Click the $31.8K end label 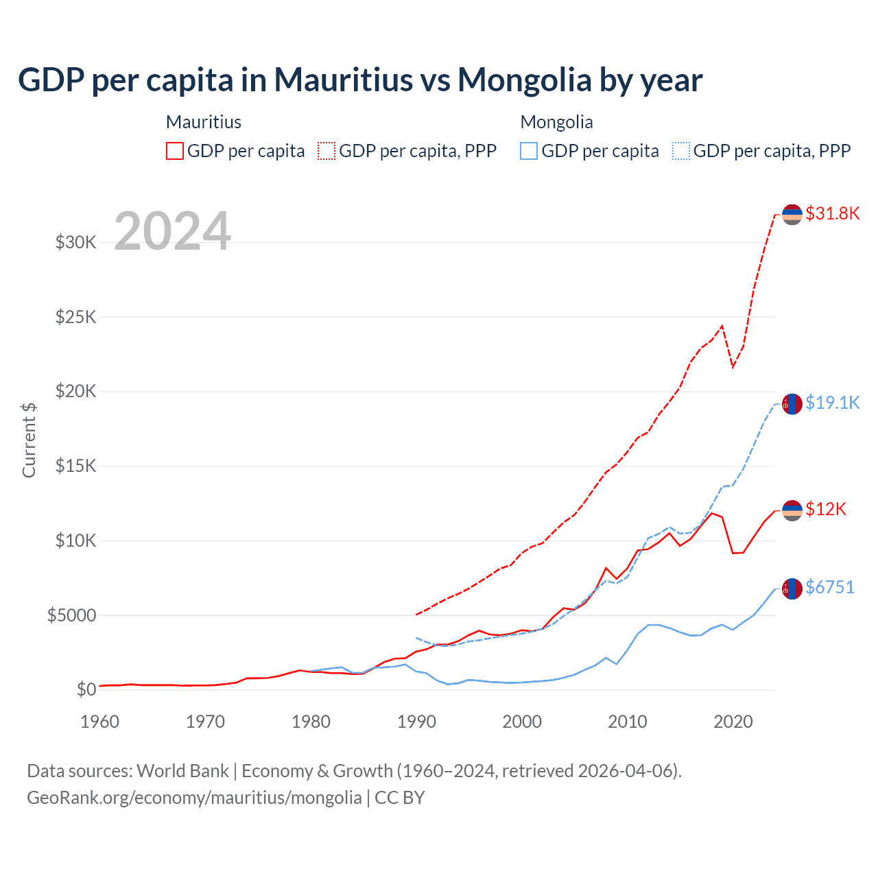click(x=832, y=213)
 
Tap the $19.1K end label click(x=832, y=403)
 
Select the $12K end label click(x=826, y=509)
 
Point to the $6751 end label click(x=829, y=587)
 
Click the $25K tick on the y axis click(x=75, y=317)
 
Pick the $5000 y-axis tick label click(x=71, y=615)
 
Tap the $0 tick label click(x=86, y=689)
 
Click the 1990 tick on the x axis click(x=416, y=722)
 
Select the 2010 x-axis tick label click(x=628, y=722)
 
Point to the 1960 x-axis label click(x=100, y=722)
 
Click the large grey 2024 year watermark click(x=172, y=231)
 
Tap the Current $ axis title click(x=29, y=440)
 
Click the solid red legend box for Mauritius click(x=175, y=151)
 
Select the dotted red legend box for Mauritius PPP click(x=327, y=151)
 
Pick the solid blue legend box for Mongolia click(x=529, y=151)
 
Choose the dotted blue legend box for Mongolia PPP click(x=681, y=151)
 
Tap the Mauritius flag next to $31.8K click(x=792, y=214)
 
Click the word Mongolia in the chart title click(x=525, y=80)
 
